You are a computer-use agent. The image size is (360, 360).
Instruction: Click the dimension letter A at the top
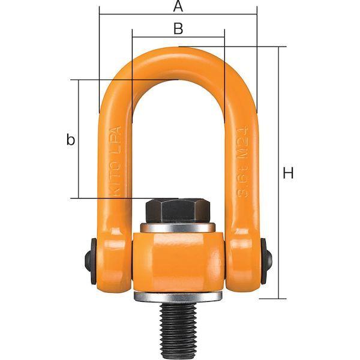click(x=178, y=7)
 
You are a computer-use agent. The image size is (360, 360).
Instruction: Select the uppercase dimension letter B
click(x=178, y=28)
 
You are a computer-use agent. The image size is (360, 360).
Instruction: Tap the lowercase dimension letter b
click(x=71, y=140)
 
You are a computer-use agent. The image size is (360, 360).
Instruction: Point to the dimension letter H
click(x=289, y=174)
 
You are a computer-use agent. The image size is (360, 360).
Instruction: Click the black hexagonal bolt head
click(x=178, y=210)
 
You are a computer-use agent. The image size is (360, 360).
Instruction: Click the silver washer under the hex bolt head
click(x=178, y=228)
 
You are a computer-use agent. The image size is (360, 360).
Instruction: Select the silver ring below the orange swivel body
click(x=178, y=298)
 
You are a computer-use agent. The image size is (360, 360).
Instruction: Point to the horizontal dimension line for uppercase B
click(x=150, y=37)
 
